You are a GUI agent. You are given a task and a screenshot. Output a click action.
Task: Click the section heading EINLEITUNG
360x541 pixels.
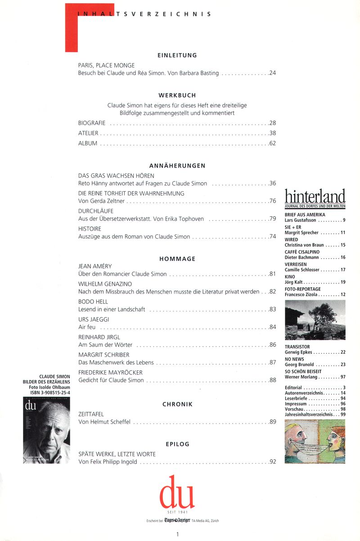point(177,55)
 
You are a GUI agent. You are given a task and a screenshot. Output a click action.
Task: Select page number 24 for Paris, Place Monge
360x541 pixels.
point(272,73)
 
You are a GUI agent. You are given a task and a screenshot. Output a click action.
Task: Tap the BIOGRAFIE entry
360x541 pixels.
point(92,123)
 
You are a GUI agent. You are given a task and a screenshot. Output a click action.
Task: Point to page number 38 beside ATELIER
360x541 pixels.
point(272,133)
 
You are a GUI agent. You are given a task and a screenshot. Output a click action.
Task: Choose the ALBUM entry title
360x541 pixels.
point(88,144)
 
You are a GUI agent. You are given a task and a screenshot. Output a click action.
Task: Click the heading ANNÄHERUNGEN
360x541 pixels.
point(177,166)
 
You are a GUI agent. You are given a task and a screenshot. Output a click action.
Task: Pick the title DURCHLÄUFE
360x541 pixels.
point(96,211)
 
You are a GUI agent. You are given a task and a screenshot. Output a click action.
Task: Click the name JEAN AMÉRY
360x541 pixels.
point(95,266)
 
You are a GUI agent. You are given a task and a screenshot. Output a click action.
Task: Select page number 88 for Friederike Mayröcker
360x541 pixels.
point(272,380)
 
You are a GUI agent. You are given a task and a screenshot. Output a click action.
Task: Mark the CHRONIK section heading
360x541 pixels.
point(177,404)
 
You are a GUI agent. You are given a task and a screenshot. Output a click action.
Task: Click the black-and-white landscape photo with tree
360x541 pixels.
point(315,320)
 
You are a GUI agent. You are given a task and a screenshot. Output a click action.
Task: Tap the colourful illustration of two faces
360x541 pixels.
point(315,441)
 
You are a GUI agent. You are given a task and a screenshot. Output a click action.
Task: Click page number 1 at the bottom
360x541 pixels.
point(178,534)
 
